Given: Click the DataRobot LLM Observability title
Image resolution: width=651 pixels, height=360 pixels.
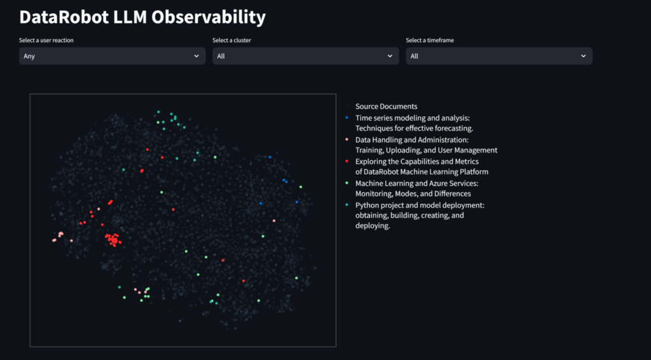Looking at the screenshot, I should [142, 17].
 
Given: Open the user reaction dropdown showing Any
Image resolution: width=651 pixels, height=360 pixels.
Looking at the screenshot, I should [112, 56].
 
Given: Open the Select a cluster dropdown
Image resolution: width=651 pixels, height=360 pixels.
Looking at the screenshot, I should [305, 56].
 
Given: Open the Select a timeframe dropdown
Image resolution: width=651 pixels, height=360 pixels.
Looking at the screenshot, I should [499, 56].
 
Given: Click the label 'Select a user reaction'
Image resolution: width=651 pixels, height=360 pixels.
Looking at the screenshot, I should [46, 41].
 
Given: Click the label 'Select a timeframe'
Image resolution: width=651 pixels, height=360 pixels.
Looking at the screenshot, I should [430, 41].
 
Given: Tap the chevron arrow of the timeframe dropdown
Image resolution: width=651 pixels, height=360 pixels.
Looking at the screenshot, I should [583, 56].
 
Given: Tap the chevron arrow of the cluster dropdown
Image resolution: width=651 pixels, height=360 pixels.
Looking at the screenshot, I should [390, 56].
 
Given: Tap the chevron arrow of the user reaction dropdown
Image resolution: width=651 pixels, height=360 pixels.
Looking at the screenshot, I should [196, 56].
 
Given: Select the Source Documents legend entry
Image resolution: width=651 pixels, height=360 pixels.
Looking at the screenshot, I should [386, 106].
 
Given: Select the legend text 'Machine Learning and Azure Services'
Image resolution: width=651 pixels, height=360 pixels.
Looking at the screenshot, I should [416, 183].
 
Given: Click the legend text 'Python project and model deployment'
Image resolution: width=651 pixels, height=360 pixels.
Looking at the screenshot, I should [420, 205].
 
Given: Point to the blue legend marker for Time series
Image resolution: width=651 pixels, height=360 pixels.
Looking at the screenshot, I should [346, 118].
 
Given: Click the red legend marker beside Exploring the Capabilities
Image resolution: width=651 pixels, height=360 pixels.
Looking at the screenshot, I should [346, 162].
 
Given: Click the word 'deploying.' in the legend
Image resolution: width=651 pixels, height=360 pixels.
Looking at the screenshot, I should [373, 226].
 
